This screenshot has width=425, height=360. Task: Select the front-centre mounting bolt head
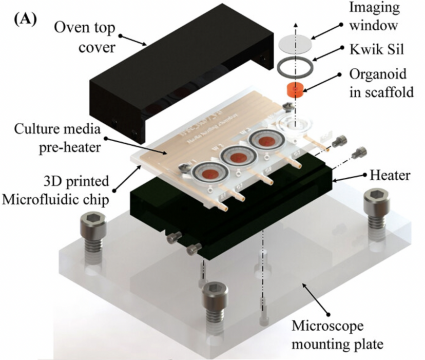(x=215, y=294)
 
